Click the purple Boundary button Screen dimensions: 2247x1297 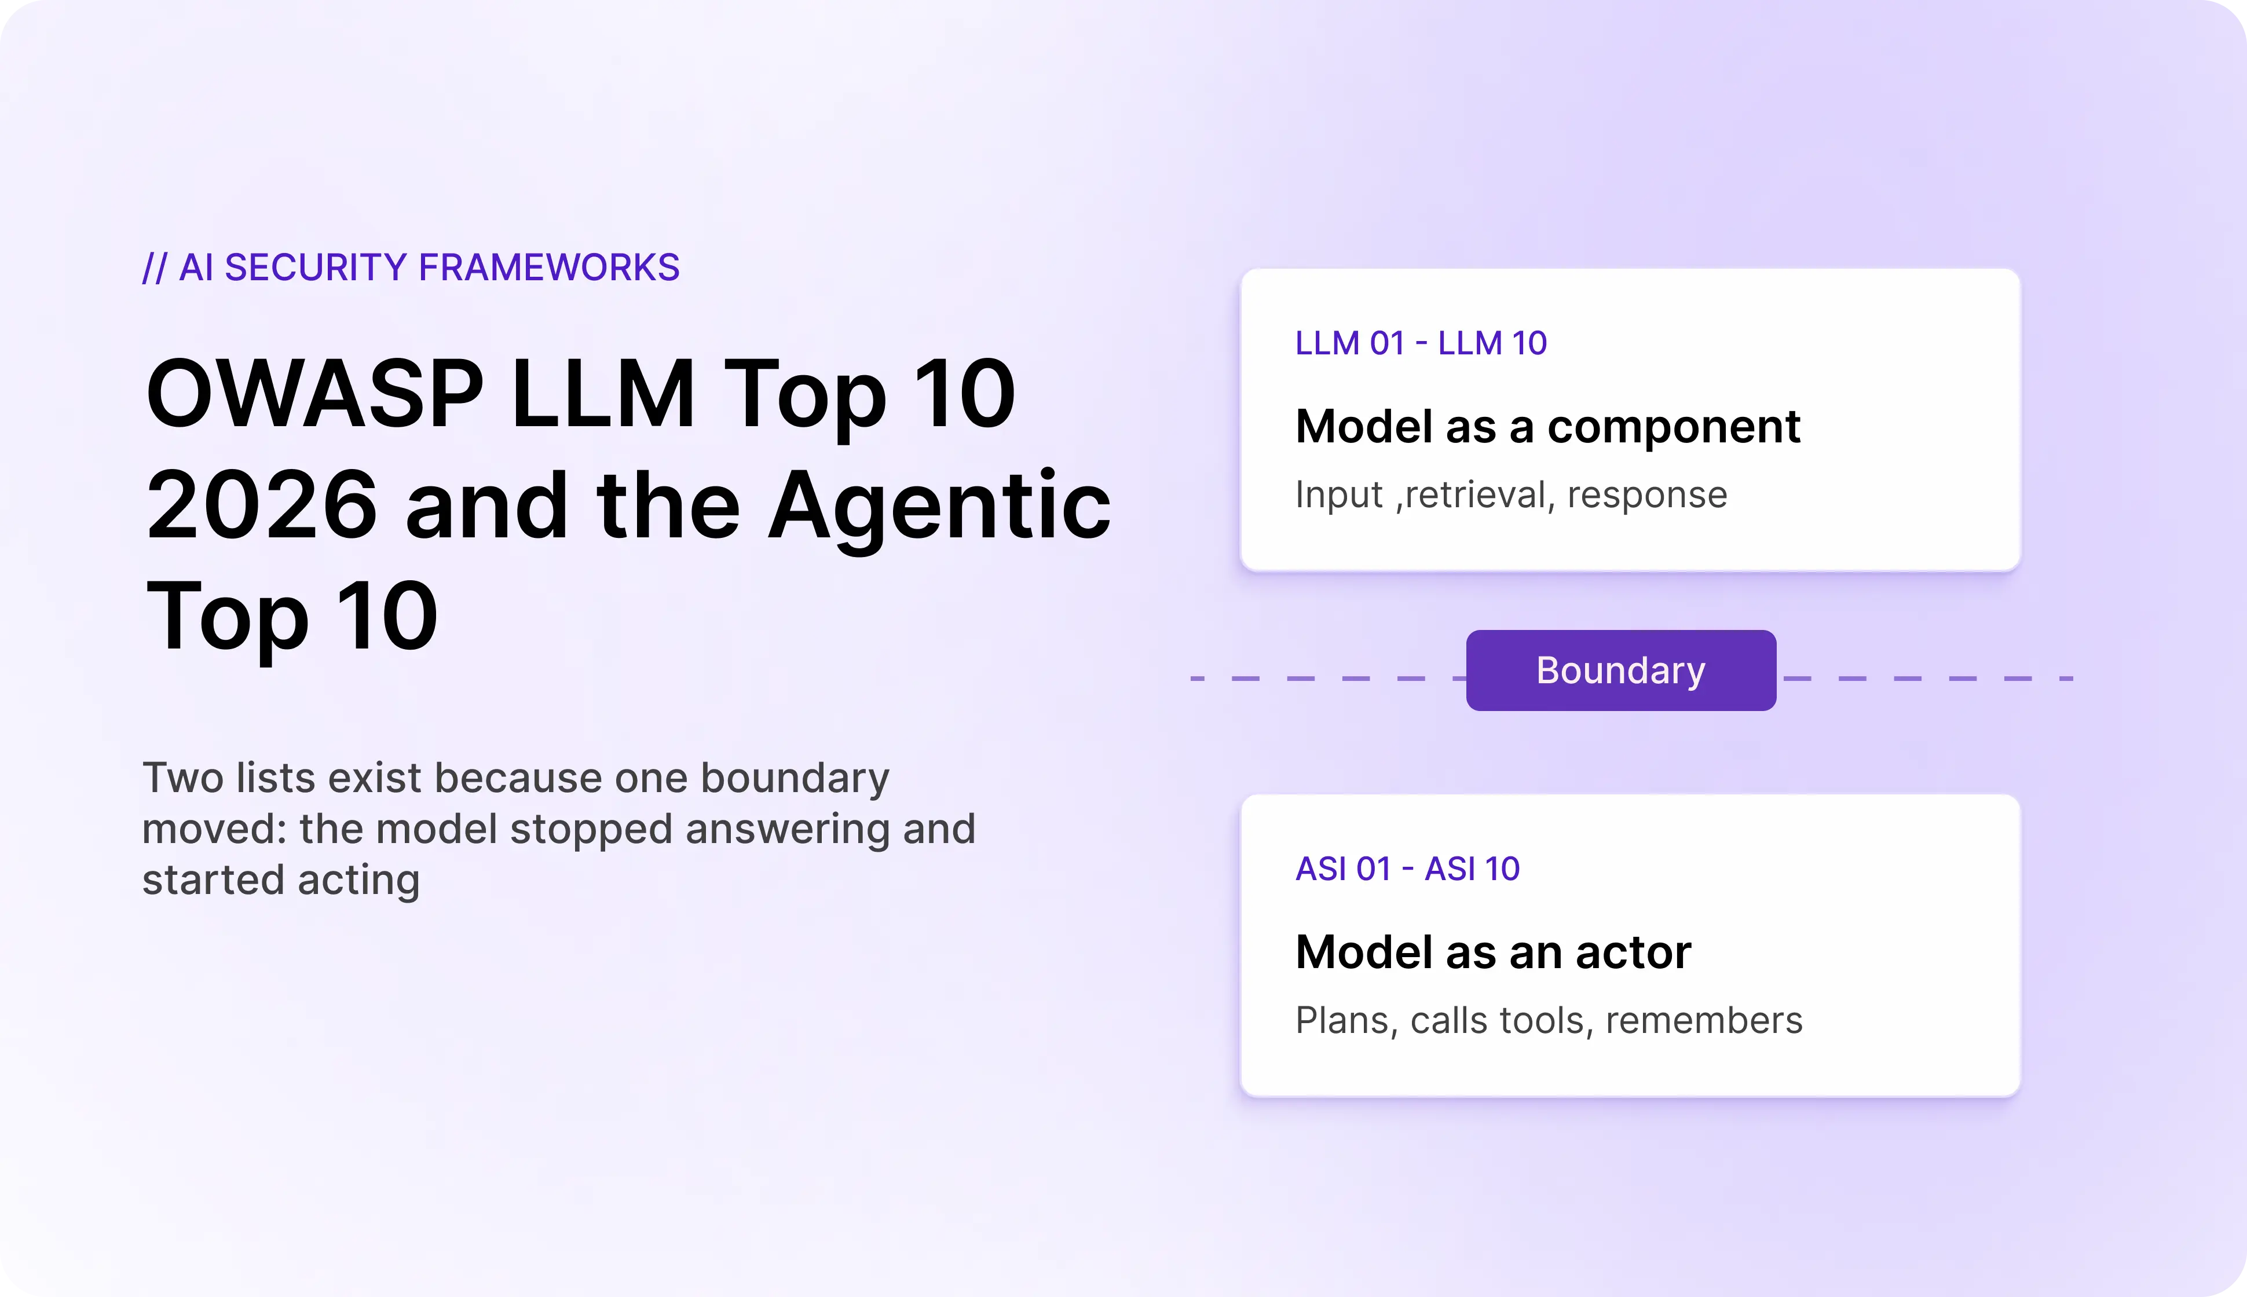1620,670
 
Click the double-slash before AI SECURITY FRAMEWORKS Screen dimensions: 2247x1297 154,268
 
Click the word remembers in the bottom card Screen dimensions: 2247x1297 1704,1020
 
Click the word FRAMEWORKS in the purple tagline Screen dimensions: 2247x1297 549,268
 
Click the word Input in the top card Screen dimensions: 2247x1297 1339,495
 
